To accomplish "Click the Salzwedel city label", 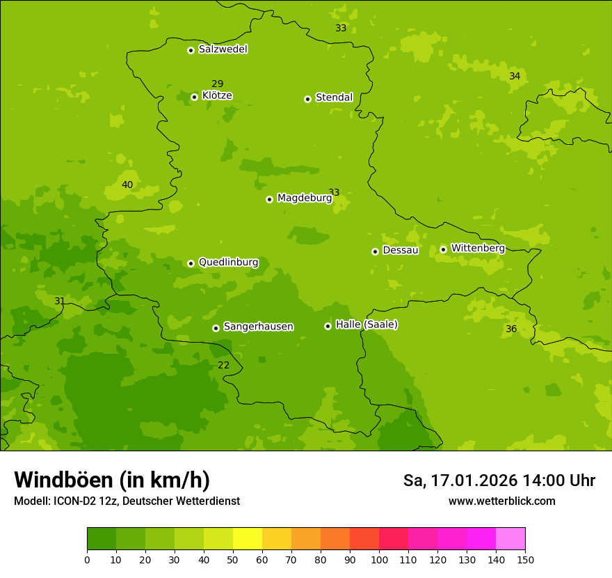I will point(223,49).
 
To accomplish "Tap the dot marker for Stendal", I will point(307,99).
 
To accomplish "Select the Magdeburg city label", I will point(305,198).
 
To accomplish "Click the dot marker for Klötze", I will point(194,97).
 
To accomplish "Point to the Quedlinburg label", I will point(228,263).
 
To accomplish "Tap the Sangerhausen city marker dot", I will point(216,328).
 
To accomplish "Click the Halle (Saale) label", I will point(367,325).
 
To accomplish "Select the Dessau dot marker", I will point(375,251).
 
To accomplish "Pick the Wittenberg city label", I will point(478,249).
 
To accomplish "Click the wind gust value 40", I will point(127,185).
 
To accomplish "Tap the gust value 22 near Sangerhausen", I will point(223,366).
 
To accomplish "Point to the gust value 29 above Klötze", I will point(218,84).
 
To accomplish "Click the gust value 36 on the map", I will point(511,329).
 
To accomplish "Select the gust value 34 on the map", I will point(515,77).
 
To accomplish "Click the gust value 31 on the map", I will point(60,302).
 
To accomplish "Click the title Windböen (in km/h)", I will point(112,481).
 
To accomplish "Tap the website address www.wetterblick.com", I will point(501,501).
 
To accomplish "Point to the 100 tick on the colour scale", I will point(379,559).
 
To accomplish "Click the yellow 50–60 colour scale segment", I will point(248,539).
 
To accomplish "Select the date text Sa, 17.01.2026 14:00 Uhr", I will point(499,481).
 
